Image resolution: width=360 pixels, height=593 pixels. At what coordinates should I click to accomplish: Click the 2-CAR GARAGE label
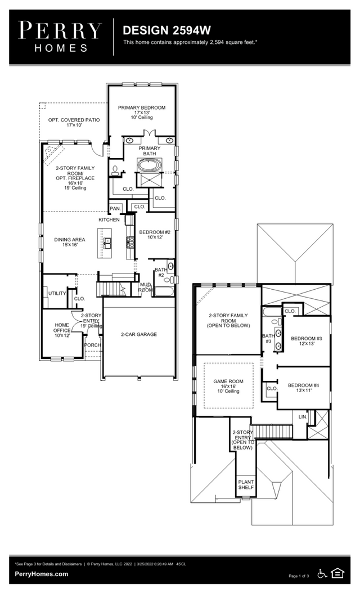point(138,334)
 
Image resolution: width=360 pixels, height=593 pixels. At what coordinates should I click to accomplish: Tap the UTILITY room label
point(57,293)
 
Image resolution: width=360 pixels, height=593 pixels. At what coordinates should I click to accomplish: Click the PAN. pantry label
point(115,209)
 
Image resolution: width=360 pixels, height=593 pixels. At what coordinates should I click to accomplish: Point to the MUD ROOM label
point(146,287)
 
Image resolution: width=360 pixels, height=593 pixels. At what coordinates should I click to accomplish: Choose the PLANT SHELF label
point(246,484)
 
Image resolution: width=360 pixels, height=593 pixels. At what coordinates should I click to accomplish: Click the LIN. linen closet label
point(303,417)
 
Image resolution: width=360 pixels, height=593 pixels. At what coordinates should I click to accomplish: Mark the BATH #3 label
point(267,339)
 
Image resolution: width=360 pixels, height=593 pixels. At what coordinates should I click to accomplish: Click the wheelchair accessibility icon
point(322,573)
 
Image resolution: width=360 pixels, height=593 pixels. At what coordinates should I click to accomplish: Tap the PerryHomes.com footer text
point(42,574)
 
